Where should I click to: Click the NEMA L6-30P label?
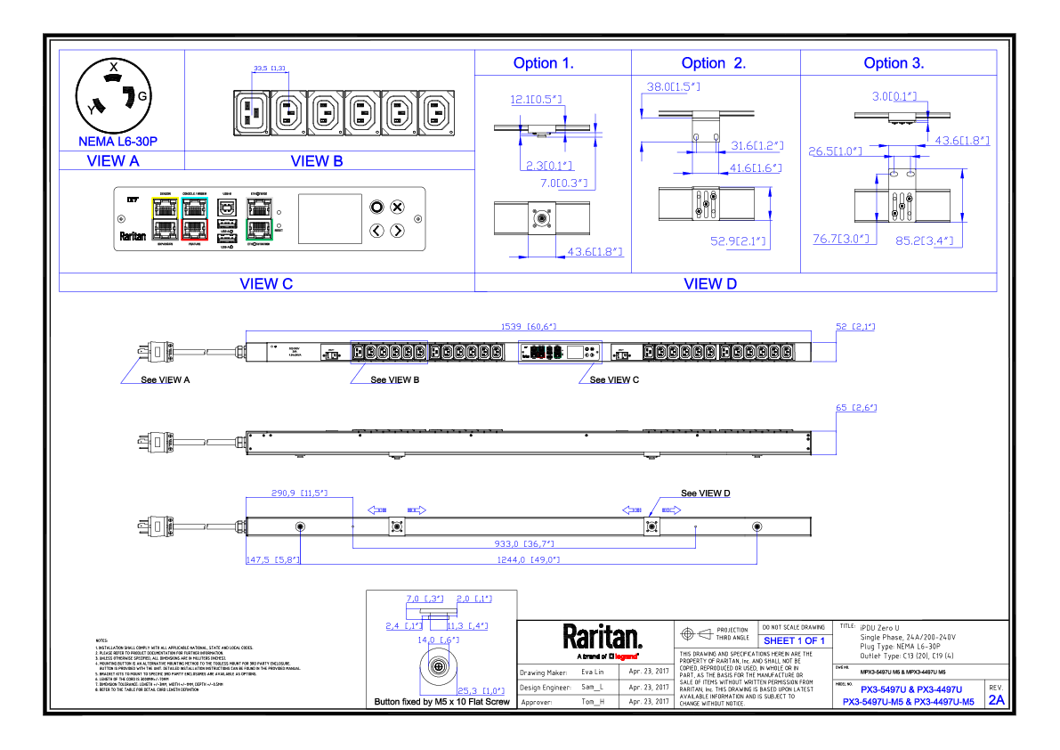118,141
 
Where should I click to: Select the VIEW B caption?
317,161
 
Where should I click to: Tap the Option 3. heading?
894,63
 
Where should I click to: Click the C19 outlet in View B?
250,113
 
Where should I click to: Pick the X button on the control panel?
398,207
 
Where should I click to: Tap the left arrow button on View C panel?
376,231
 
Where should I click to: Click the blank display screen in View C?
329,218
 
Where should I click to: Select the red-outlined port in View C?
194,230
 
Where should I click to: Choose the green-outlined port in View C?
259,229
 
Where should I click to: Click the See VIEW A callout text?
166,379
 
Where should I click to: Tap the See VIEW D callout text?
705,493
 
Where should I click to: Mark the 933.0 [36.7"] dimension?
524,543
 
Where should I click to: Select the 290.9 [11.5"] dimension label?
299,493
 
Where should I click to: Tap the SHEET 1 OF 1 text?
794,640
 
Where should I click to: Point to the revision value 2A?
995,700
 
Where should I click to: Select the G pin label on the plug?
142,95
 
